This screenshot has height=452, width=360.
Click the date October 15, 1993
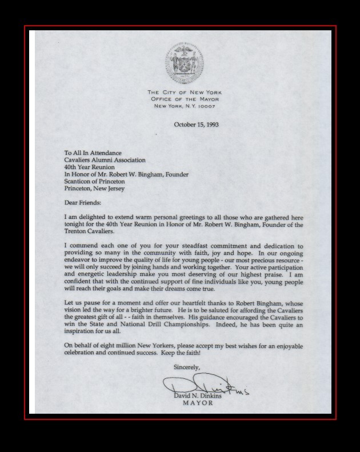coord(196,124)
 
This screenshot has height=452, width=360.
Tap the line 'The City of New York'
coord(185,93)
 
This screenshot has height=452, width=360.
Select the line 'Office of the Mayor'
coord(185,99)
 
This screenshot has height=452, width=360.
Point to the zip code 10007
coord(209,106)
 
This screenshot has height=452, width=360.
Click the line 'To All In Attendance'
coord(93,153)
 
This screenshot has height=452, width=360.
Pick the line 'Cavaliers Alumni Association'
coord(105,160)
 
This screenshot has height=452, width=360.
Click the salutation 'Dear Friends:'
coord(83,203)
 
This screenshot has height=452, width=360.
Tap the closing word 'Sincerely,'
coord(187,367)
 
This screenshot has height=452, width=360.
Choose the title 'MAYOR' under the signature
coord(197,403)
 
